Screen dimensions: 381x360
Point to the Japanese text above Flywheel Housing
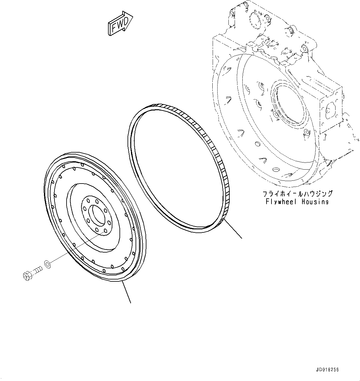tap(297, 194)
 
